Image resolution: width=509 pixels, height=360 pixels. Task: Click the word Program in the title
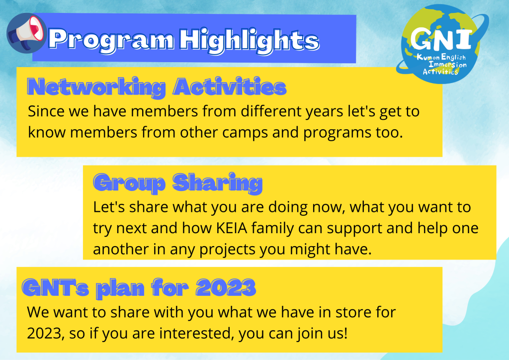point(111,40)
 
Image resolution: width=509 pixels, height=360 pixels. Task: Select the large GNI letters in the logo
point(441,38)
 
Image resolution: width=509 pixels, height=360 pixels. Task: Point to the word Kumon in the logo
point(428,58)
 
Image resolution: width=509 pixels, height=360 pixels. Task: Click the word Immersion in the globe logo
point(448,64)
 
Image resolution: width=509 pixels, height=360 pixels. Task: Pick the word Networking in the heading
point(96,87)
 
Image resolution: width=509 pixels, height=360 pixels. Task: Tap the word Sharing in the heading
point(217,183)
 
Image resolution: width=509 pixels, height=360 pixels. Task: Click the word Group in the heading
point(130,183)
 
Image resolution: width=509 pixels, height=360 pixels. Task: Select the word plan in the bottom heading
point(120,288)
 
